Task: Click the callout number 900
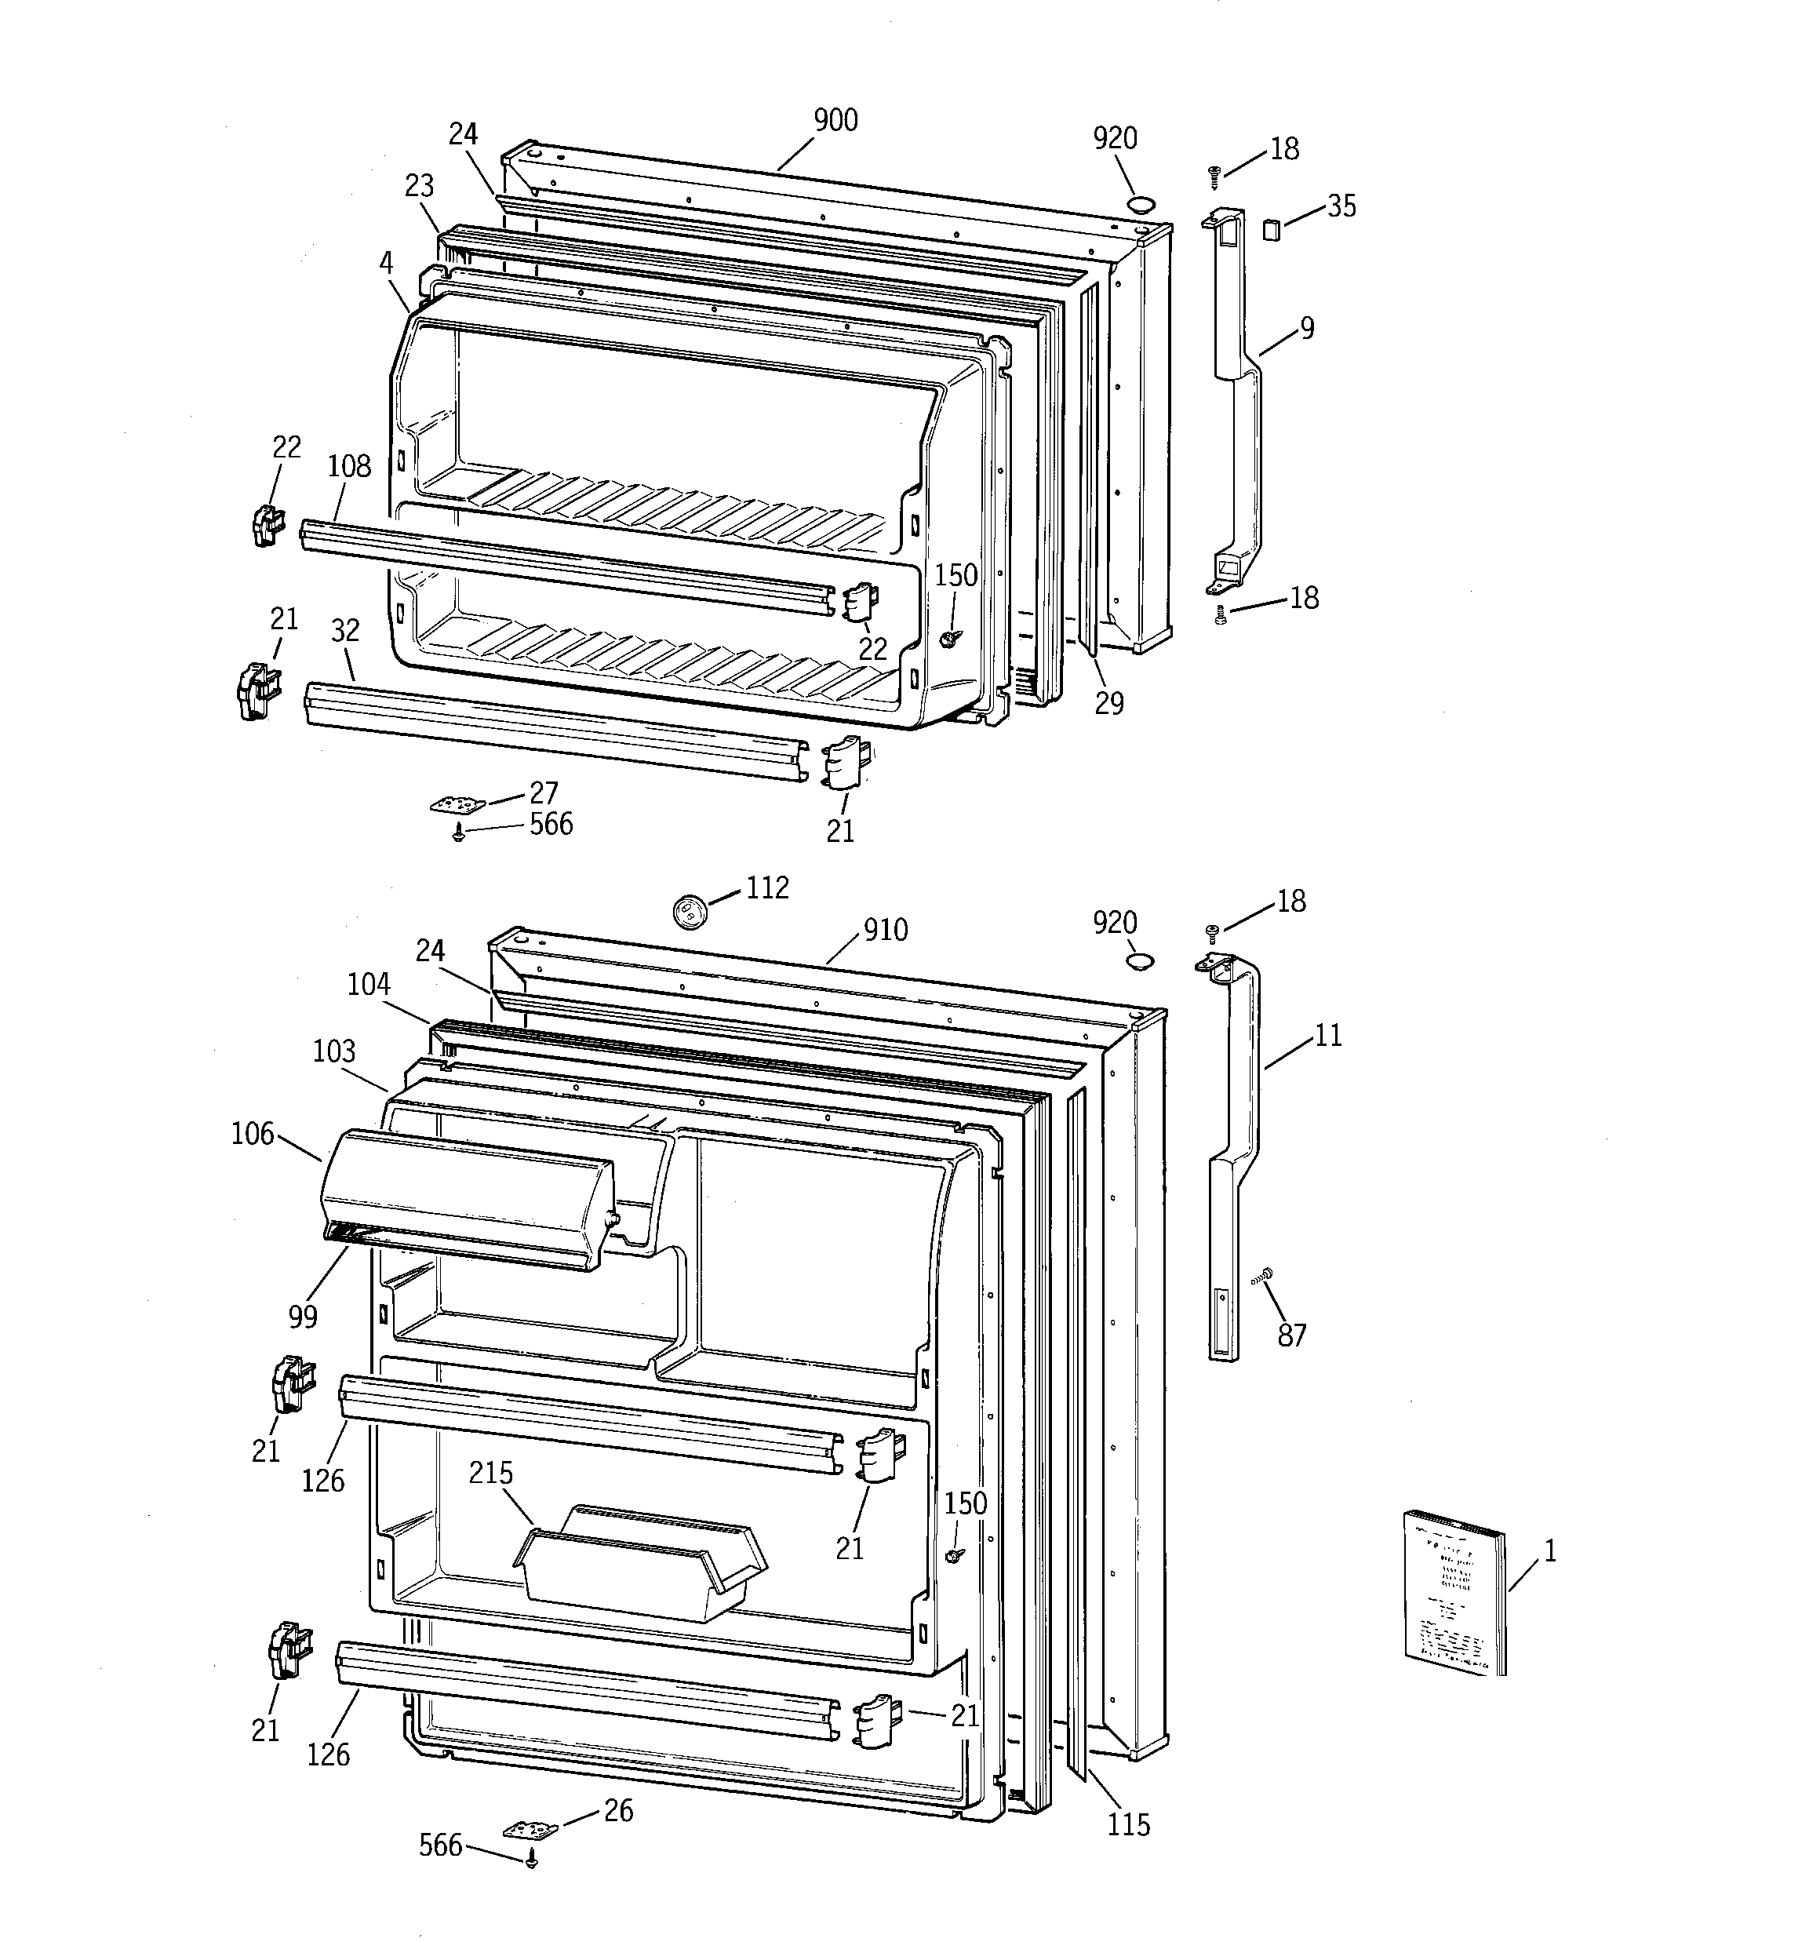[x=835, y=120]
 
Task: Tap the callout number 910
[x=885, y=929]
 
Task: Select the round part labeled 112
[x=689, y=910]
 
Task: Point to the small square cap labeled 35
[x=1271, y=230]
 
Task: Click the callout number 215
[x=490, y=1472]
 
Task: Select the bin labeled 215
[x=640, y=1563]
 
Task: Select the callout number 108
[x=349, y=466]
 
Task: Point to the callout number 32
[x=345, y=631]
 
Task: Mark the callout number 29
[x=1108, y=702]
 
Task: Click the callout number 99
[x=303, y=1317]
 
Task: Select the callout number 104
[x=368, y=984]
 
